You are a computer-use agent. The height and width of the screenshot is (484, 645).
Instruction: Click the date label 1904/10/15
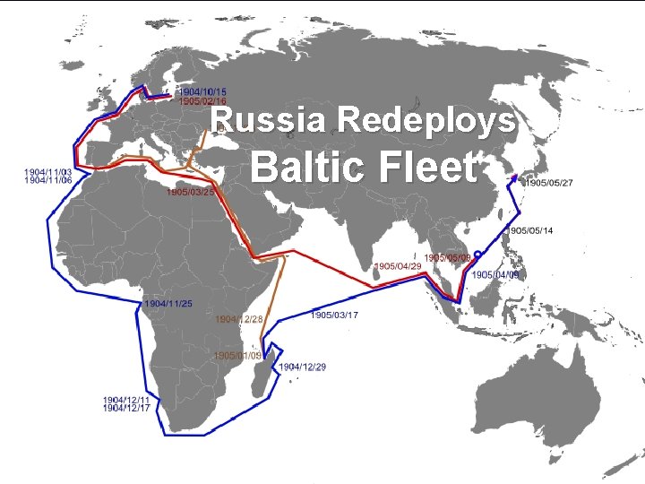point(202,91)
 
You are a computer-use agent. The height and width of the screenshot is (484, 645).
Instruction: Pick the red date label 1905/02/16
point(202,101)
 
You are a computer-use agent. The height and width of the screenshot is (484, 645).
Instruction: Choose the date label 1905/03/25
point(190,192)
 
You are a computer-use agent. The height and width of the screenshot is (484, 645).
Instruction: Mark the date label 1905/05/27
point(549,183)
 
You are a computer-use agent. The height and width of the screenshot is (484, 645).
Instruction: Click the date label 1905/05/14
point(531,230)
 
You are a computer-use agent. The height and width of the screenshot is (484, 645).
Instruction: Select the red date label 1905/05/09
point(448,258)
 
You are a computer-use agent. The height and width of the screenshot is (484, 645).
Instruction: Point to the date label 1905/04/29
point(398,266)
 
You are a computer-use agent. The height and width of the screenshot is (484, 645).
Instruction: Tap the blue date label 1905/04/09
point(495,274)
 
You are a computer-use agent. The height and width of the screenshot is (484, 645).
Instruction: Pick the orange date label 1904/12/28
point(239,319)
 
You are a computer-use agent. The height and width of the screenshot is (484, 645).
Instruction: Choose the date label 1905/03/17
point(334,315)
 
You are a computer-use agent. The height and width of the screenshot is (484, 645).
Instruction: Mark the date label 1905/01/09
point(237,356)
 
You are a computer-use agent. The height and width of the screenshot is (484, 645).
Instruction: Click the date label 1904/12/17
point(125,408)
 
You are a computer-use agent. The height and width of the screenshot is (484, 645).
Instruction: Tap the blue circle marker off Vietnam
point(477,255)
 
